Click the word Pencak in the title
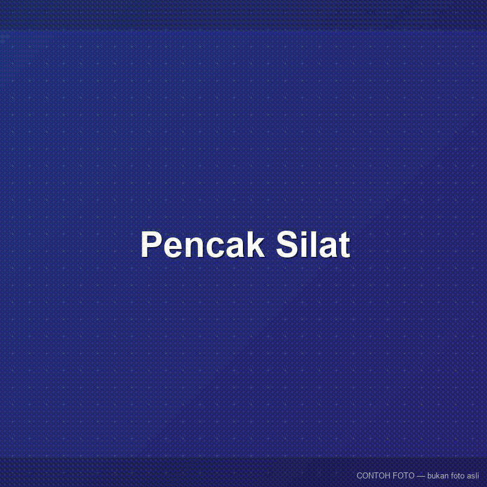point(203,244)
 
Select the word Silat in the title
point(313,244)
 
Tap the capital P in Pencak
point(152,244)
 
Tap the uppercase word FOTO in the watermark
point(403,475)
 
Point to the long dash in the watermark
point(421,476)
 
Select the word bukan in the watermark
point(438,475)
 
